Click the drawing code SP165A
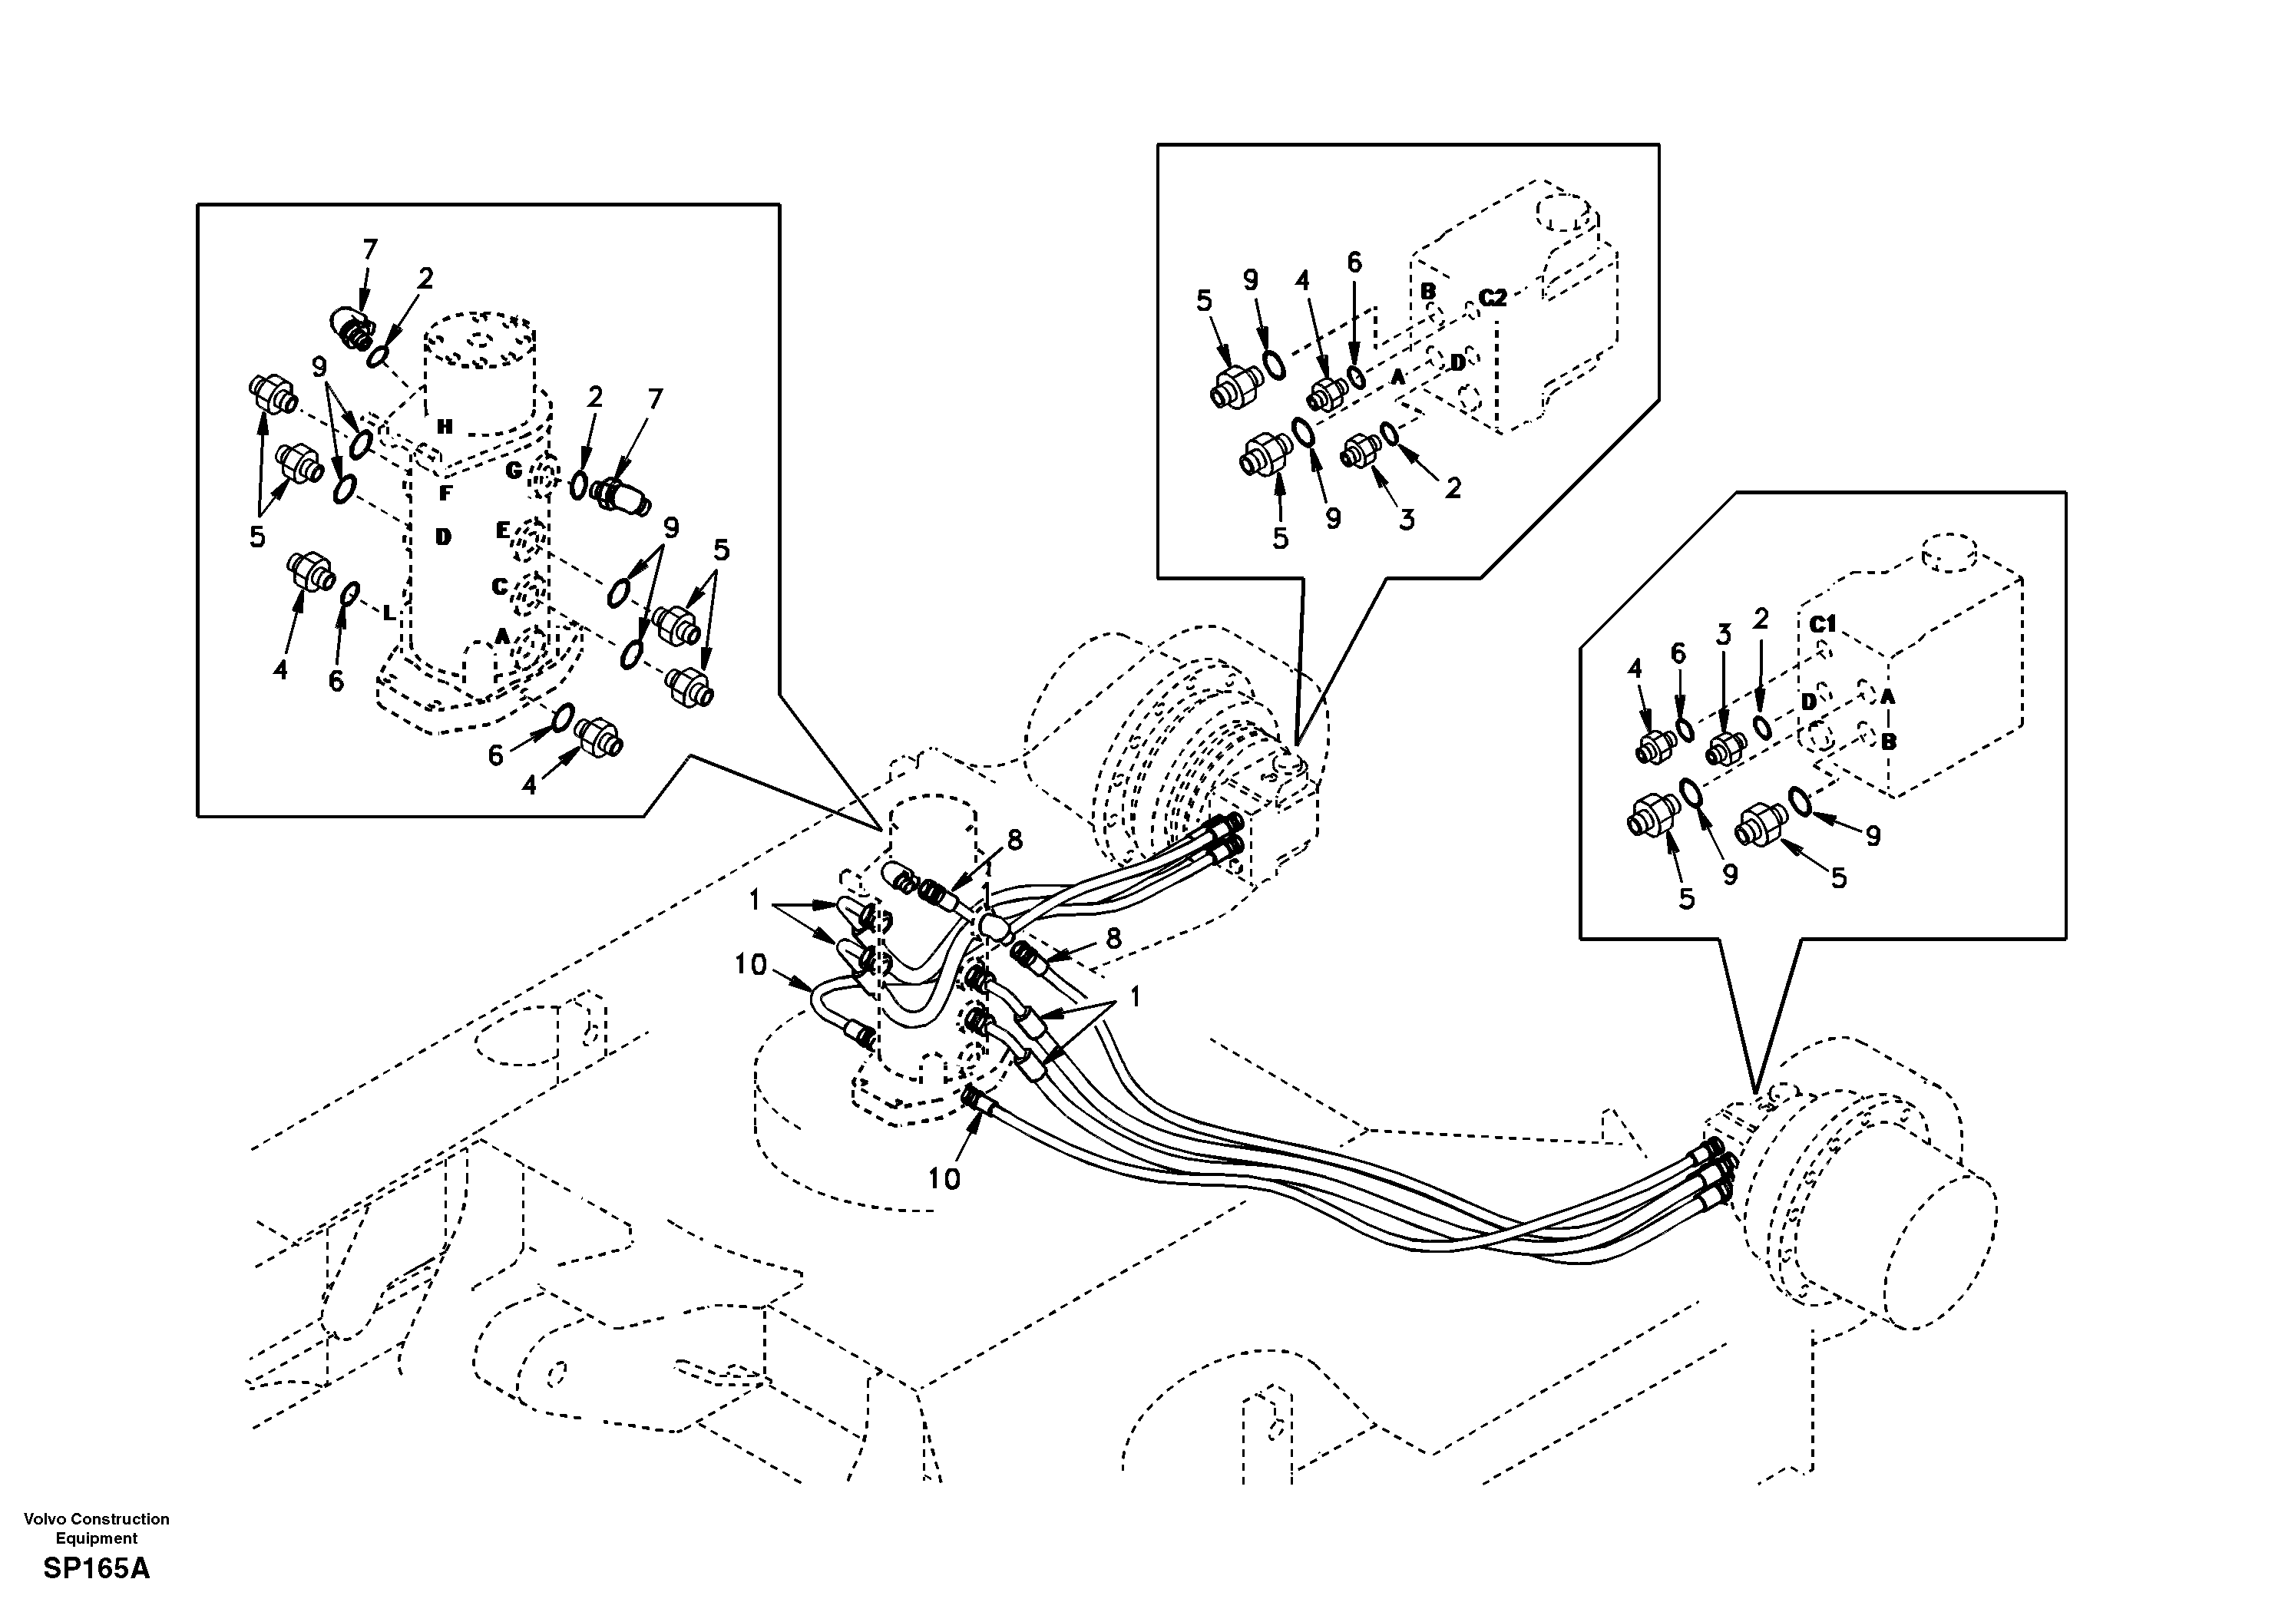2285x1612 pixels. pos(97,1569)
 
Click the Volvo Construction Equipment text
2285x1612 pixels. pos(97,1528)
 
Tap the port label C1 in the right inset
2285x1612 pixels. pos(1822,624)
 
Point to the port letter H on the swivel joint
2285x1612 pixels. pos(445,427)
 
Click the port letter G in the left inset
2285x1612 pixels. pos(514,471)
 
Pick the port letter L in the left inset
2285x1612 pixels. pos(389,613)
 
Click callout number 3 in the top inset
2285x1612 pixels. pos(1406,520)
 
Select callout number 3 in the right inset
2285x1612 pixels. pos(1724,634)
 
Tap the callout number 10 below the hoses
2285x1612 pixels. pos(944,1179)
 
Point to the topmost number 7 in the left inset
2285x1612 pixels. pos(369,249)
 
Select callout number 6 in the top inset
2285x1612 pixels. pos(1354,263)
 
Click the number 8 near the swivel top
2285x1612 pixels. pos(1014,841)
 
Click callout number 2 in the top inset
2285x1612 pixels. pos(1453,487)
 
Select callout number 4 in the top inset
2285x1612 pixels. pos(1303,281)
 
